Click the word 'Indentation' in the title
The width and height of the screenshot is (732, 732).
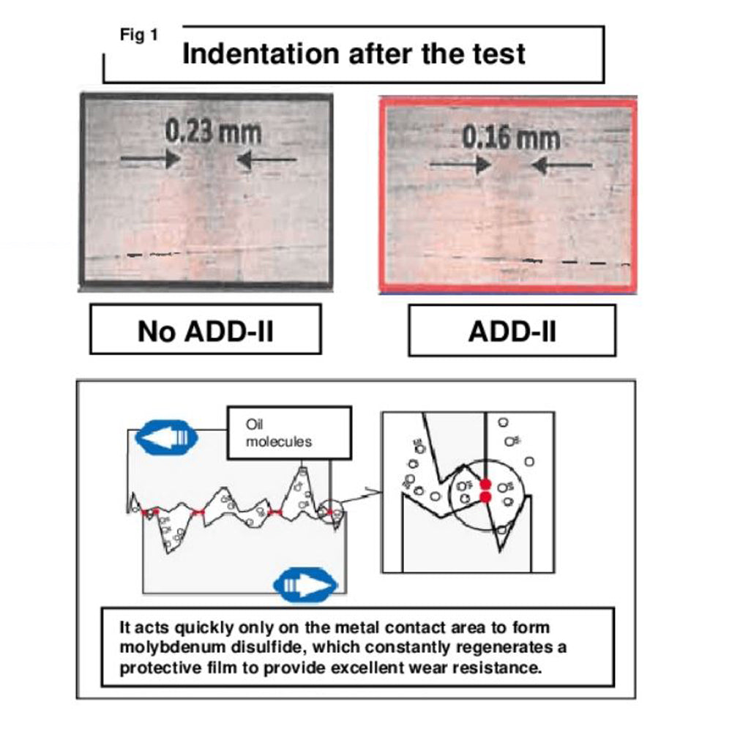click(x=260, y=54)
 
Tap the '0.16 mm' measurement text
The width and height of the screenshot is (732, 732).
click(x=511, y=138)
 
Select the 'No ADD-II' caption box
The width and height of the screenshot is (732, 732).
click(x=205, y=330)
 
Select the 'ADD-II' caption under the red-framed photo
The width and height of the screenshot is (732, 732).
click(x=512, y=330)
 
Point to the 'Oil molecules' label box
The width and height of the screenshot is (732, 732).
click(x=278, y=433)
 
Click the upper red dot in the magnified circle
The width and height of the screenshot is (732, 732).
click(x=484, y=484)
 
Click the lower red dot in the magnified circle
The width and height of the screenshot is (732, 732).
click(x=484, y=498)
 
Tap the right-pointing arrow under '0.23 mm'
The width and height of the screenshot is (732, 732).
click(x=150, y=158)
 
